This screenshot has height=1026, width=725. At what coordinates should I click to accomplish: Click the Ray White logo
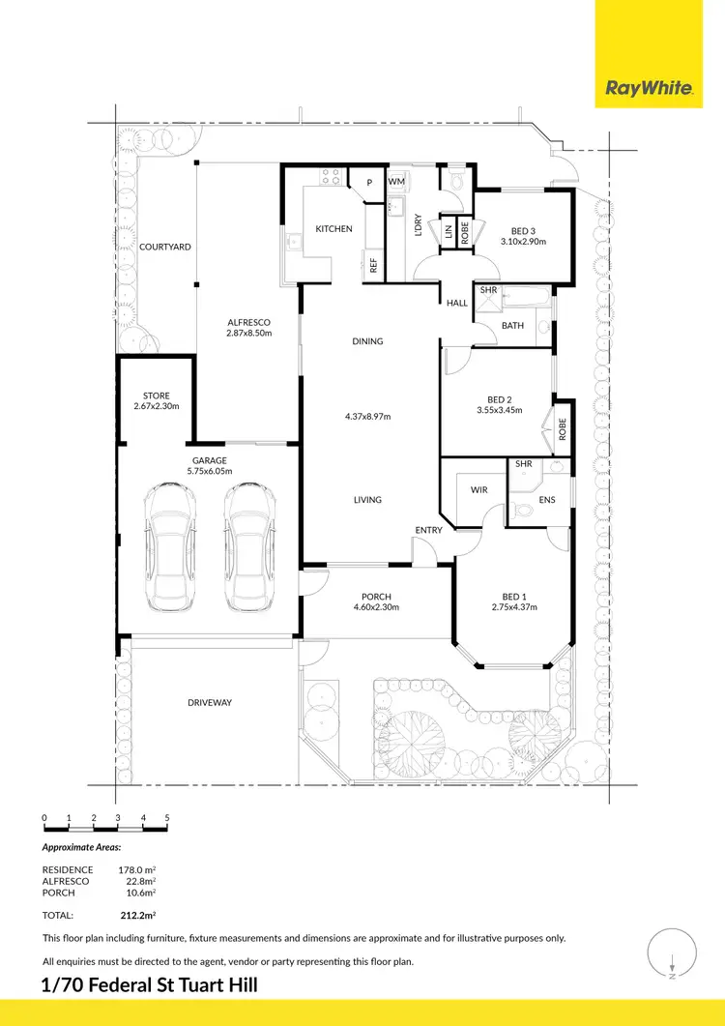tap(649, 88)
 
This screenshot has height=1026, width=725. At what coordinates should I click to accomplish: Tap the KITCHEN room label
tap(333, 229)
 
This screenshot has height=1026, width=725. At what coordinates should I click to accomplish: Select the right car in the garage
tap(244, 547)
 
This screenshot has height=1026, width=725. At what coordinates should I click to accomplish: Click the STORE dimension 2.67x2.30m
tap(157, 407)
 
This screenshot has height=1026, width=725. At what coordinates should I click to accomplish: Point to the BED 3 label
tap(523, 231)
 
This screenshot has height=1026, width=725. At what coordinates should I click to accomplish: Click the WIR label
tap(479, 490)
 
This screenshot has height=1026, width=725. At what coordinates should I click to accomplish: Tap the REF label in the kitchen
tap(373, 265)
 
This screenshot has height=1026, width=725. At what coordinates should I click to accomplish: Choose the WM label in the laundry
tap(396, 181)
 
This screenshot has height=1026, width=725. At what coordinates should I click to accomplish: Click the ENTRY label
tap(428, 530)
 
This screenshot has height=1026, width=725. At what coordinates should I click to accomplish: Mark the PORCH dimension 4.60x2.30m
tap(376, 608)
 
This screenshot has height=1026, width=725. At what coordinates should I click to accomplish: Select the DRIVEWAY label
tap(210, 702)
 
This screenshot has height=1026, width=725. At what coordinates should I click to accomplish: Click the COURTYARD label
tap(164, 248)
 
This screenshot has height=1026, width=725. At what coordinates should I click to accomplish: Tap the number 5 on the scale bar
tap(167, 818)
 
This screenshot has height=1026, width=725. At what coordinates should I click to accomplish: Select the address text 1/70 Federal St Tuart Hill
tap(150, 985)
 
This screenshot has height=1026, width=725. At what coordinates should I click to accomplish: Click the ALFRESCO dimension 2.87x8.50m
tap(248, 334)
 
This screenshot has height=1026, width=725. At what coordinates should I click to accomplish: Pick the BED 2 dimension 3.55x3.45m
tap(499, 410)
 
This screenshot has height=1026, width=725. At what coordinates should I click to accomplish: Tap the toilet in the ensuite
tap(522, 510)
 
